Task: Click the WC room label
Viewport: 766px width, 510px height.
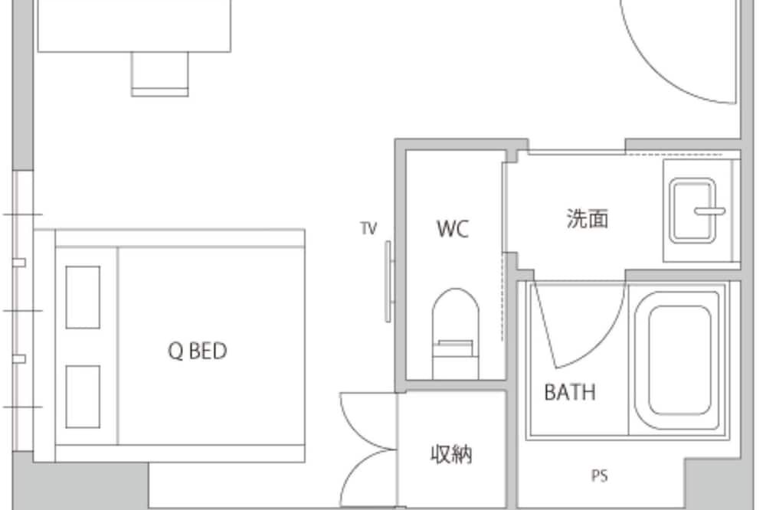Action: tap(453, 229)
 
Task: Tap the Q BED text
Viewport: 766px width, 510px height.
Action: tap(198, 351)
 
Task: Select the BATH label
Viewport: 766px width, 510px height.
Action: tap(570, 392)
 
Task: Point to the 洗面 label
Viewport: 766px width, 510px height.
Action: tap(588, 218)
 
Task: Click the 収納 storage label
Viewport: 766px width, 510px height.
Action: tap(451, 454)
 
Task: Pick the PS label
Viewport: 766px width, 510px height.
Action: tap(600, 476)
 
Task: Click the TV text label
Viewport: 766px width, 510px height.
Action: tap(369, 228)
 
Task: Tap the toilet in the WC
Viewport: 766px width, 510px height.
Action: tap(455, 333)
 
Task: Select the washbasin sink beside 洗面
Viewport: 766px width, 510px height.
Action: tap(692, 211)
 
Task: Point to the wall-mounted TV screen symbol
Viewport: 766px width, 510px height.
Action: tap(388, 281)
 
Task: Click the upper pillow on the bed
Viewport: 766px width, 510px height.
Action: tap(83, 297)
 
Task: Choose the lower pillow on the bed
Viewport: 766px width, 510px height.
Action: tap(83, 396)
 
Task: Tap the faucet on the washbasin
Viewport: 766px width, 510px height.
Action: tap(710, 211)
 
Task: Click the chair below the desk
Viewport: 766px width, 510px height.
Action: tap(160, 74)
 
